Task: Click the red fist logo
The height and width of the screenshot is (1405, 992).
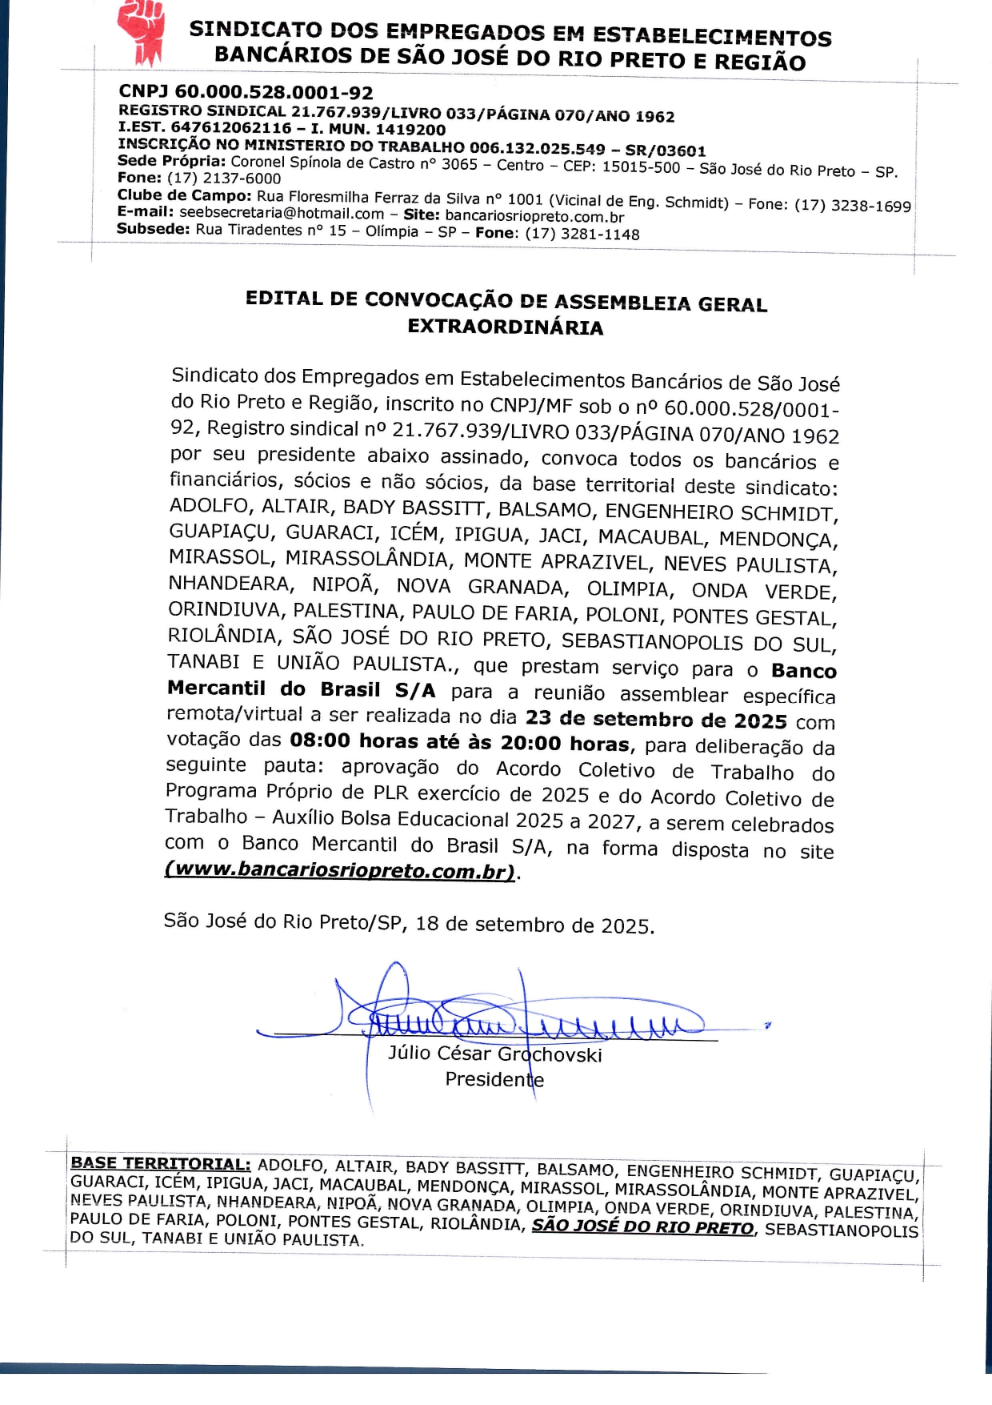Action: pos(140,32)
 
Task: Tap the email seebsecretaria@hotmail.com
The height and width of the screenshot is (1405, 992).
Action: pos(282,213)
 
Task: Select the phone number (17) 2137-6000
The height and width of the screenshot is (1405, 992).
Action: pos(223,179)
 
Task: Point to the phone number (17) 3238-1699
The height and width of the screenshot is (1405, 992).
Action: pos(852,206)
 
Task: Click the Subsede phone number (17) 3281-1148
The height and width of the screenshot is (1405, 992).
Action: pos(582,234)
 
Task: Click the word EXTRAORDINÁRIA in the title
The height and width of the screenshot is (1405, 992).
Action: pos(505,327)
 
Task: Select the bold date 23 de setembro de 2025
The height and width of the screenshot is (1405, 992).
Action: pos(656,720)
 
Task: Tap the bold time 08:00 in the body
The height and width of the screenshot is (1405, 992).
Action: pos(320,740)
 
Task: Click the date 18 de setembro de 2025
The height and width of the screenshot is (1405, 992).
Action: pos(534,925)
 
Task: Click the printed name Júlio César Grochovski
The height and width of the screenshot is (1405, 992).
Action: pos(494,1054)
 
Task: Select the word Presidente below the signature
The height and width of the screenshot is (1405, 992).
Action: pos(494,1079)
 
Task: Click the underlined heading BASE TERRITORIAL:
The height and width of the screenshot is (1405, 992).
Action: pos(161,1163)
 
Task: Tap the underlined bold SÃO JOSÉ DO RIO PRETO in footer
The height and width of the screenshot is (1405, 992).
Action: pos(642,1226)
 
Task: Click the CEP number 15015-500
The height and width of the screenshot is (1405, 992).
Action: pos(641,167)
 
